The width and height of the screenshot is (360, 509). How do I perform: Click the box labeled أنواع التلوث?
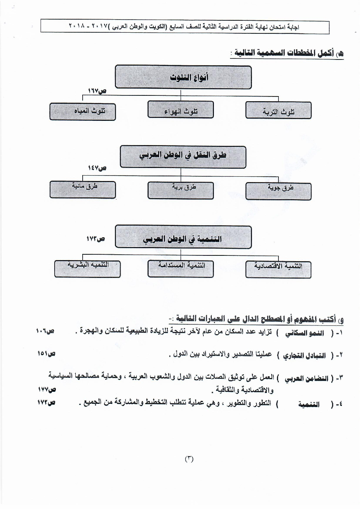point(183,77)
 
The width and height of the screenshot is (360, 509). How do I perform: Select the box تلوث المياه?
point(83,111)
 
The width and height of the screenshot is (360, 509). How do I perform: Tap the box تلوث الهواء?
point(181,110)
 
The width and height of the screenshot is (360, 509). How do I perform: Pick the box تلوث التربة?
point(278,110)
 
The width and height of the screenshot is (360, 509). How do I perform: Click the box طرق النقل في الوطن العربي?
point(183,157)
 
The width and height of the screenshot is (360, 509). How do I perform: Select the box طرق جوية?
point(278,191)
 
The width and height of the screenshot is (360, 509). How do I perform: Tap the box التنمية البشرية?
point(87,268)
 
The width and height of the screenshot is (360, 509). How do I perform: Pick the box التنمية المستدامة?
point(181,268)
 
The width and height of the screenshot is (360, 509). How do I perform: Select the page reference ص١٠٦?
point(45,331)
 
